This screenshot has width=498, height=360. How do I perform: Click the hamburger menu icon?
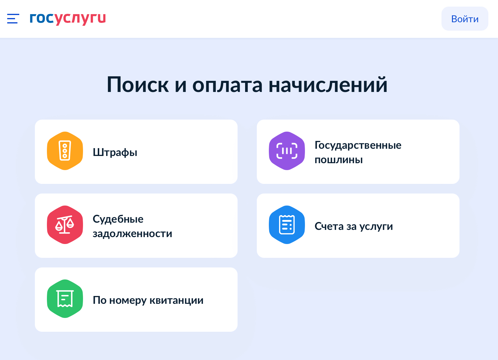tap(13, 19)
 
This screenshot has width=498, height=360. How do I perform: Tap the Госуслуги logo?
tap(68, 19)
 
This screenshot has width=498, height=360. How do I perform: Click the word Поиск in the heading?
tap(138, 85)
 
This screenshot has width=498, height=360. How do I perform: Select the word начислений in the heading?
tap(328, 84)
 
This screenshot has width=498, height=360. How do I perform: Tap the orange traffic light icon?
tap(65, 151)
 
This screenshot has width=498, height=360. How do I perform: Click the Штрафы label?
tap(115, 152)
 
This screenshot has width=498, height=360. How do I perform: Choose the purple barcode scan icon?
tap(287, 151)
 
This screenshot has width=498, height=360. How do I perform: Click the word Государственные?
tap(358, 145)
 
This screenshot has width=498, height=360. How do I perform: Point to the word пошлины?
tap(339, 160)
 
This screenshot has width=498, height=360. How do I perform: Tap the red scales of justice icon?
tap(65, 225)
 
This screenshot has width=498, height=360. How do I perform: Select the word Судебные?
tap(118, 219)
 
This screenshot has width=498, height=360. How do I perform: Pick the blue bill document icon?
tap(287, 225)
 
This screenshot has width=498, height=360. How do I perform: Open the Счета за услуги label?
tap(354, 227)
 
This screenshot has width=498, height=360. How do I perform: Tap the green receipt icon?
tap(65, 299)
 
